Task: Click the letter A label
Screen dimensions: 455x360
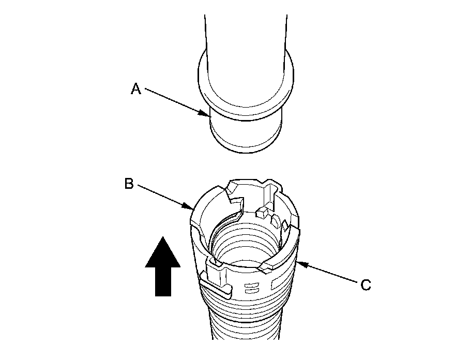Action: [x=135, y=89]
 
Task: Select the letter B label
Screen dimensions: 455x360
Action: [x=129, y=184]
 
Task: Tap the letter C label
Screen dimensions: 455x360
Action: [x=366, y=284]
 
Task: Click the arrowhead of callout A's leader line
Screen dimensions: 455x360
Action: [x=207, y=114]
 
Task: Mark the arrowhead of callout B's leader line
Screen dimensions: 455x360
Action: [x=191, y=209]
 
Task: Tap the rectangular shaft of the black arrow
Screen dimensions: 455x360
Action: [x=163, y=282]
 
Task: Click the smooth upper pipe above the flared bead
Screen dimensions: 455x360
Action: [x=246, y=31]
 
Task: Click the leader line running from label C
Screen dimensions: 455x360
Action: [x=331, y=274]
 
